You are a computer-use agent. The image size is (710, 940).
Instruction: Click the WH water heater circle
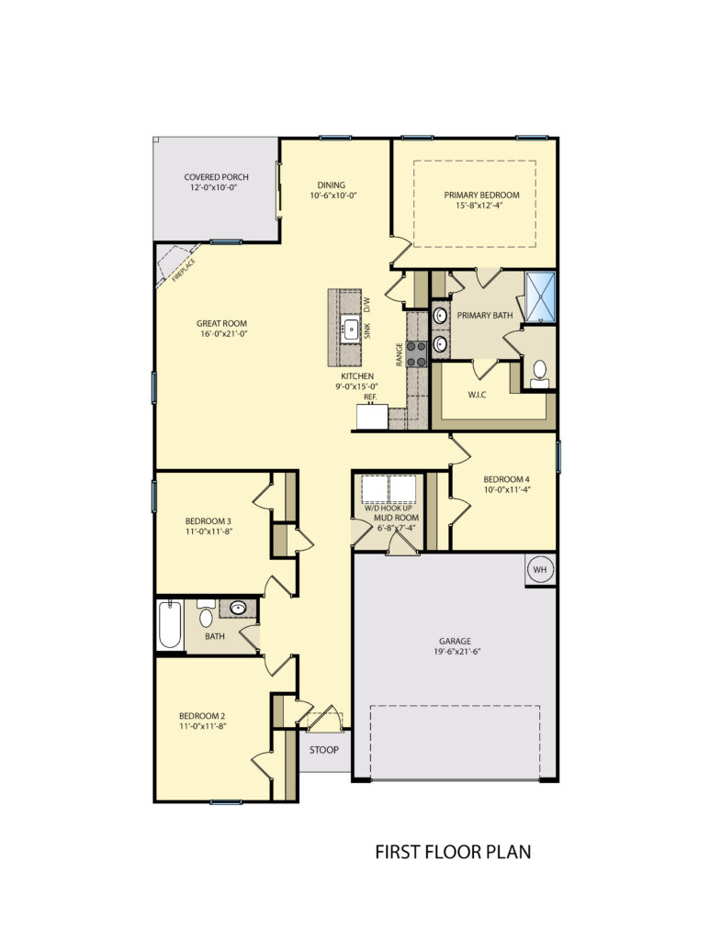click(x=539, y=570)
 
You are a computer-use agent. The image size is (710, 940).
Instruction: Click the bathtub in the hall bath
click(x=168, y=624)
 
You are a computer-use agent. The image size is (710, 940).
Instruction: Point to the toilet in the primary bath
click(x=539, y=372)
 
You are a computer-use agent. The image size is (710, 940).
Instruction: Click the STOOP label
click(x=323, y=750)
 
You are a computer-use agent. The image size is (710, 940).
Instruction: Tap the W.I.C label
click(x=476, y=396)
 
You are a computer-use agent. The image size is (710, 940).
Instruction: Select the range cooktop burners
click(x=417, y=353)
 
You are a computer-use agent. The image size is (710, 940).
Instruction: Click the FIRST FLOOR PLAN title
click(x=453, y=853)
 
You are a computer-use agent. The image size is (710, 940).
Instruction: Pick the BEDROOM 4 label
click(x=506, y=478)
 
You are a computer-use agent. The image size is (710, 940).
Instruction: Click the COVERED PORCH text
click(x=216, y=177)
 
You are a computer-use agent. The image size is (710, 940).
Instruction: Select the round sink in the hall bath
click(x=238, y=608)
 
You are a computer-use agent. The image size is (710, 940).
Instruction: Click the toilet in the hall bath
click(x=206, y=615)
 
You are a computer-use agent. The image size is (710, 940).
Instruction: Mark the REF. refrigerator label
click(x=370, y=397)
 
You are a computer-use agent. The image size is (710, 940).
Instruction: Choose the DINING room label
click(x=331, y=184)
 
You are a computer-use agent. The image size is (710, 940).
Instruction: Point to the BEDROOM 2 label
click(x=202, y=715)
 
